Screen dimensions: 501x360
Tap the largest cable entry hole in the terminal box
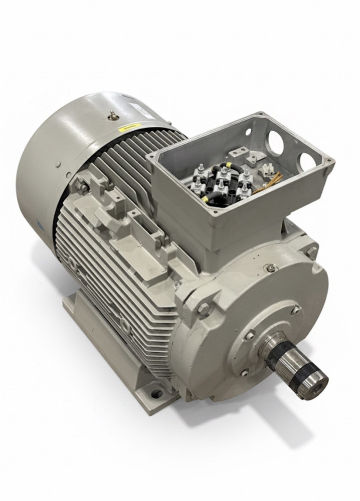[275, 142]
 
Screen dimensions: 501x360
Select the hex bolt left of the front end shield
[203, 309]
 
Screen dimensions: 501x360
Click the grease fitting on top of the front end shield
[271, 268]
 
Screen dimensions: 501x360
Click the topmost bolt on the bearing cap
[295, 310]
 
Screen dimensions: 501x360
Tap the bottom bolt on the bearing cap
[244, 372]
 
